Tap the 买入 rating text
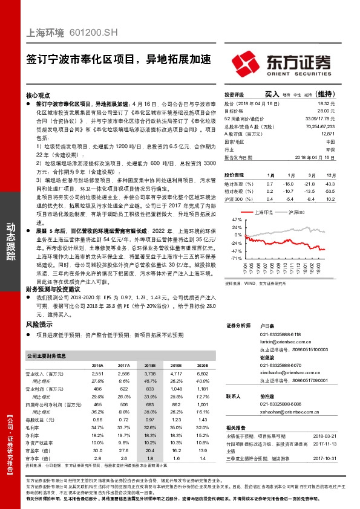point(272,94)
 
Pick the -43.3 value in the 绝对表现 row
point(330,183)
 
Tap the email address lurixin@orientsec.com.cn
point(289,342)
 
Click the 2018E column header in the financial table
point(149,366)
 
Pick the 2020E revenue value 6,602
point(201,374)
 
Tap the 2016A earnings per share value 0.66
point(97,419)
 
